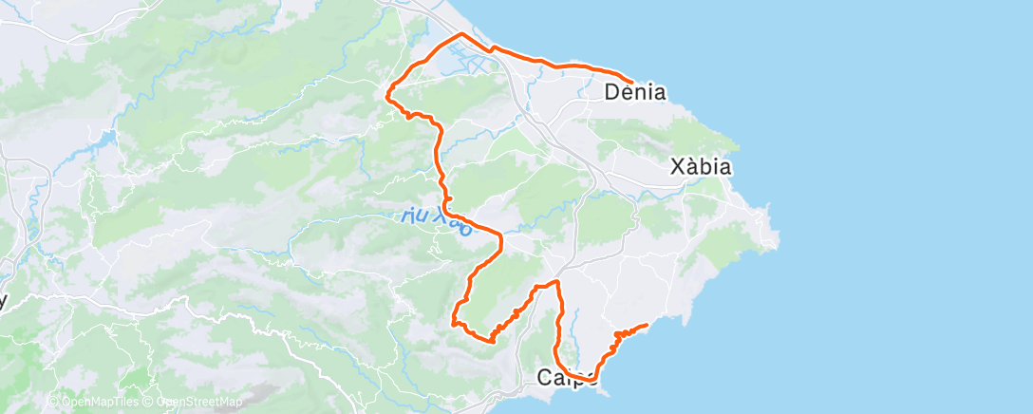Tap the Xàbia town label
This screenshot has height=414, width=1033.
pos(701,167)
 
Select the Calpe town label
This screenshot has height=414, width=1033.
pos(568,378)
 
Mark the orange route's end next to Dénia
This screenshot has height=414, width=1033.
pos(632,81)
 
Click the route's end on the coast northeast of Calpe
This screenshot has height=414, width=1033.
pos(647,326)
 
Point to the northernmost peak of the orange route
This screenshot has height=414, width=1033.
pos(462,34)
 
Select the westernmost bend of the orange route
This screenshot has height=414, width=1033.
pos(387,92)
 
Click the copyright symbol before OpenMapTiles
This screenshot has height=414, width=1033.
pos(54,402)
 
